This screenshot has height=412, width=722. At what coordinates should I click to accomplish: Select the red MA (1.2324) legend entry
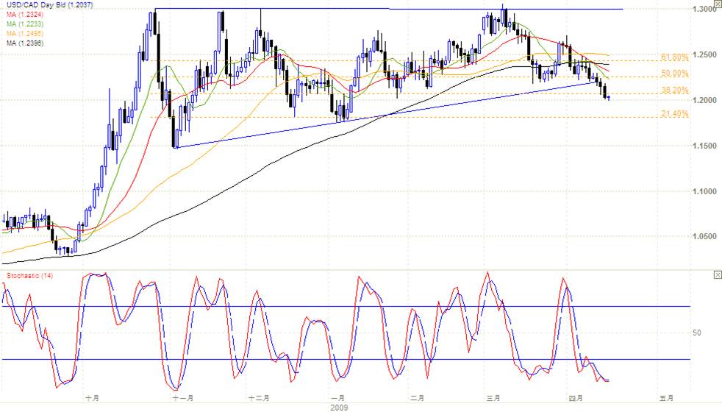pos(22,14)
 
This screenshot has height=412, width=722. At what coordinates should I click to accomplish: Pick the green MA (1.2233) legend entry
pos(22,23)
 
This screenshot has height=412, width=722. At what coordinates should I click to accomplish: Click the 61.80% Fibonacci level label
pos(674,57)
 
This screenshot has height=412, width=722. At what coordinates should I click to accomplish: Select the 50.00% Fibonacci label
pos(674,74)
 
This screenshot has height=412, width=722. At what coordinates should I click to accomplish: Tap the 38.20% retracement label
pos(674,90)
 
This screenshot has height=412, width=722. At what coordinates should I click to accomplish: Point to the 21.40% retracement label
pos(674,114)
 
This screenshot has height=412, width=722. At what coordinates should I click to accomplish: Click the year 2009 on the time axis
pos(339,406)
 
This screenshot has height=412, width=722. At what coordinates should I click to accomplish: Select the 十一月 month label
pos(182,397)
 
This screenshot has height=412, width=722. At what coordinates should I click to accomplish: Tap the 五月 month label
pos(666,397)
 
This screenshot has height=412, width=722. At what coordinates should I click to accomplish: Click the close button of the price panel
pos(718,6)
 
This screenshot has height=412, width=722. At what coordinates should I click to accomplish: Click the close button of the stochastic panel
pos(718,274)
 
